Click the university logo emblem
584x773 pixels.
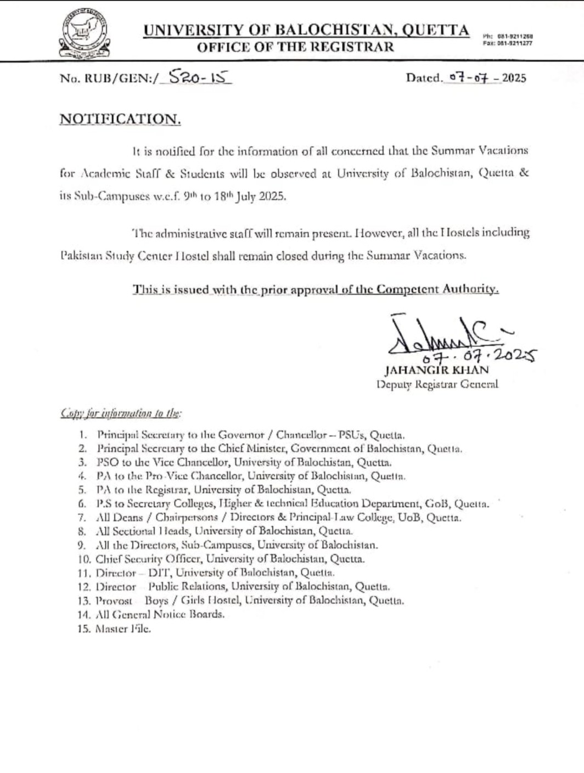click(84, 34)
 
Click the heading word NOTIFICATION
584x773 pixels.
click(120, 119)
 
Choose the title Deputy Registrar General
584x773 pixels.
click(437, 384)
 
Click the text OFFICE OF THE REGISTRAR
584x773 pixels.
click(295, 47)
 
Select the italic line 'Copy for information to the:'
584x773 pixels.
click(121, 413)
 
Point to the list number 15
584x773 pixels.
click(84, 629)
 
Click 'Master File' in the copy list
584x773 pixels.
click(123, 629)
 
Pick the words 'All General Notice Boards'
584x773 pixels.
click(160, 614)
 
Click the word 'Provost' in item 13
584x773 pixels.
click(114, 601)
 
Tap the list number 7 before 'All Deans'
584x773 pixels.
click(82, 517)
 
